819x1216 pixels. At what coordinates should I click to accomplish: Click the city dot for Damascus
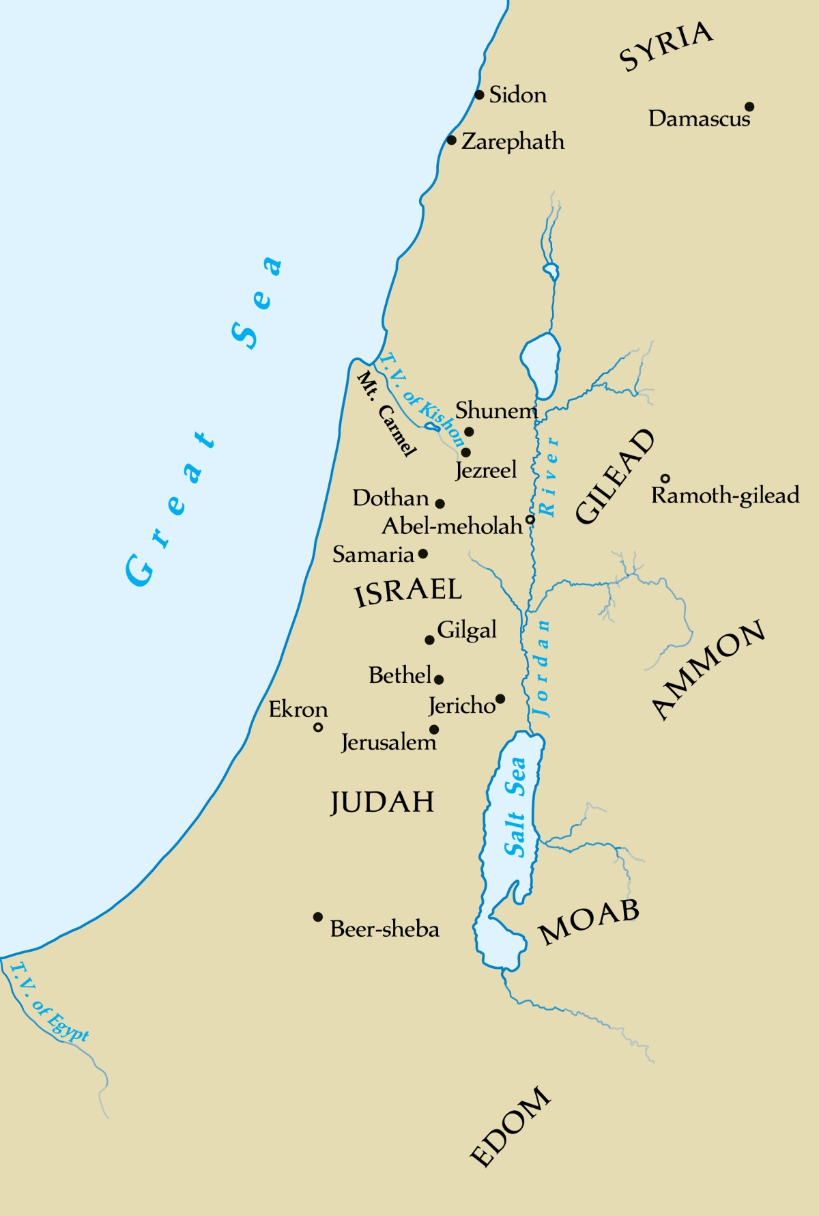pyautogui.click(x=749, y=107)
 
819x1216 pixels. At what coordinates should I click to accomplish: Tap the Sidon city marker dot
pyautogui.click(x=479, y=95)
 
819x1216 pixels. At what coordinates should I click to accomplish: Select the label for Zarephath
pyautogui.click(x=513, y=141)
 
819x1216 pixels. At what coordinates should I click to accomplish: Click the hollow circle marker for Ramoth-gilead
pyautogui.click(x=665, y=479)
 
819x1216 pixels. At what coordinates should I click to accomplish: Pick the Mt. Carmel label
pyautogui.click(x=386, y=414)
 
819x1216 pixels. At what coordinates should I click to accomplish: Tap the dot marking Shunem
pyautogui.click(x=469, y=432)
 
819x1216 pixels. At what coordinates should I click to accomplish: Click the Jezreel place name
pyautogui.click(x=486, y=470)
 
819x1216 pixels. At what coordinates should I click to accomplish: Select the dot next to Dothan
pyautogui.click(x=440, y=504)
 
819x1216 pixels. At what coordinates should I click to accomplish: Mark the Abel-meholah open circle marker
pyautogui.click(x=530, y=520)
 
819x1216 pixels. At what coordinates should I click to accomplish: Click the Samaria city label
pyautogui.click(x=373, y=554)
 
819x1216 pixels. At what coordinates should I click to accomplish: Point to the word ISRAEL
pyautogui.click(x=408, y=591)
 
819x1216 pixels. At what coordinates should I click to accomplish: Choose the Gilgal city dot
pyautogui.click(x=429, y=640)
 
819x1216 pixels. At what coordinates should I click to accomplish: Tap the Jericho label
pyautogui.click(x=462, y=705)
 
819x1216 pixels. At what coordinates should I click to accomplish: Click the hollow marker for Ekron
pyautogui.click(x=318, y=728)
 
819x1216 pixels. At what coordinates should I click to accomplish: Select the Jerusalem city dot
pyautogui.click(x=434, y=729)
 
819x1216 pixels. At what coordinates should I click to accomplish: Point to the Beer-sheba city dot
pyautogui.click(x=318, y=917)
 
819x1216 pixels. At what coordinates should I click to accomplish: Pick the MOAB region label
pyautogui.click(x=589, y=922)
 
